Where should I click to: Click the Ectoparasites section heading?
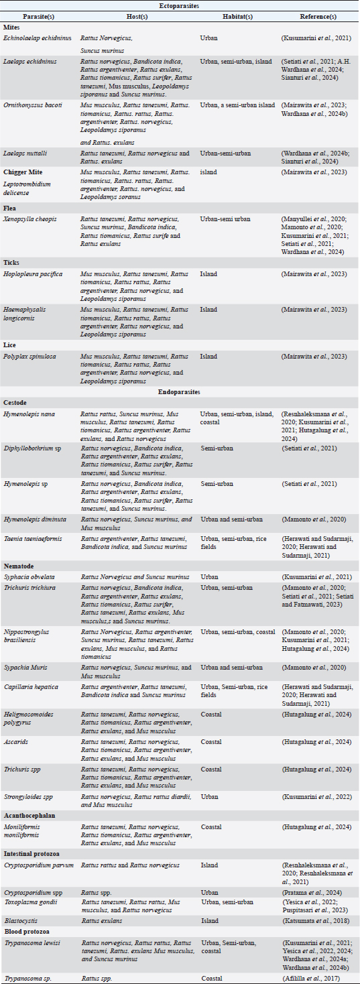pyautogui.click(x=180, y=5)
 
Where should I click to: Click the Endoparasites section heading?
pyautogui.click(x=180, y=391)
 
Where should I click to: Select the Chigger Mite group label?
pyautogui.click(x=25, y=172)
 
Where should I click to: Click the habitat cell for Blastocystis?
pyautogui.click(x=209, y=921)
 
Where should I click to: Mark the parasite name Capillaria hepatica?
pyautogui.click(x=31, y=686)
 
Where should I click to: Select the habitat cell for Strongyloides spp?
pyautogui.click(x=209, y=796)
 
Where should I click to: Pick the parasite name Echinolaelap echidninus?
pyautogui.click(x=38, y=38)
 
